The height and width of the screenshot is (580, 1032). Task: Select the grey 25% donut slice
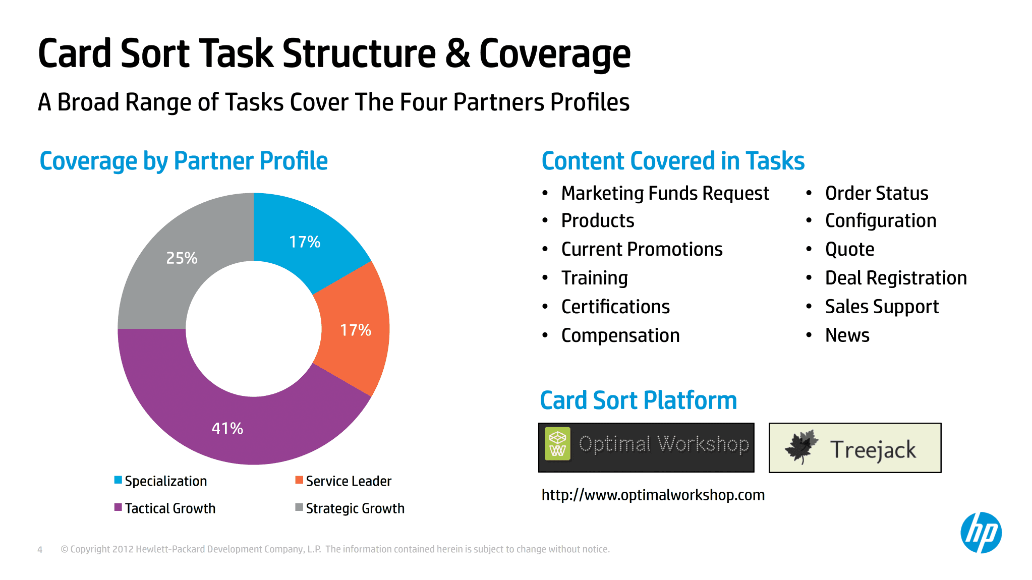coord(171,262)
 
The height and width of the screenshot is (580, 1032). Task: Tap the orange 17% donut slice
coord(356,329)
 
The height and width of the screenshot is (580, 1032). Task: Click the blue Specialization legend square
coord(118,480)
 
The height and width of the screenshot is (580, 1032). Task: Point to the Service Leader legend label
coord(349,481)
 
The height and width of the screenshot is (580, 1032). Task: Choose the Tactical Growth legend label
coord(170,508)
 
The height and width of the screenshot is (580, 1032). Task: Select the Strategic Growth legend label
coord(355,508)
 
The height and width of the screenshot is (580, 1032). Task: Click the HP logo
coord(981,533)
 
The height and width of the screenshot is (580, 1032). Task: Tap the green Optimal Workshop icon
coord(558,444)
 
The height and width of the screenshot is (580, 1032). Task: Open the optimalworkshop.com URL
coord(653,495)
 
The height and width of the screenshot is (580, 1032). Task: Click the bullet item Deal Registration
coord(896,278)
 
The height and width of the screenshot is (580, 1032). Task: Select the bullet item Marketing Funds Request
coord(665,194)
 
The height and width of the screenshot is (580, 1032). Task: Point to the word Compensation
coord(620,336)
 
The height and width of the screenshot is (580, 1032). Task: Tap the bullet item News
coord(847,335)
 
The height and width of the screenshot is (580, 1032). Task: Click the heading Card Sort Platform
coord(639,400)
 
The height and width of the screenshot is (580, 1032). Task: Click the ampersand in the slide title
coord(457,53)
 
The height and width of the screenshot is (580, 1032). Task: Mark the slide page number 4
coord(40,550)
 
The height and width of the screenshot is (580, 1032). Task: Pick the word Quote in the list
coord(850,250)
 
